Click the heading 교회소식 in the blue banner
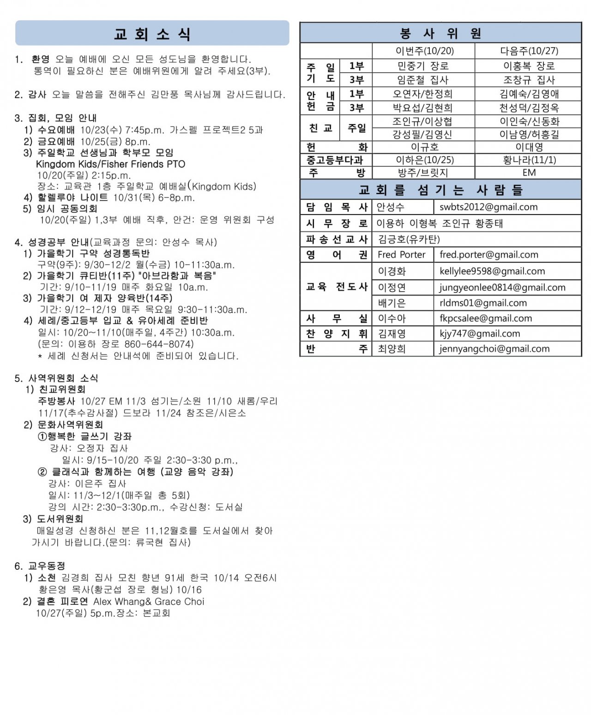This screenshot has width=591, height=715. (x=152, y=34)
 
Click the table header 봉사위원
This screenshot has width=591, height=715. (x=440, y=33)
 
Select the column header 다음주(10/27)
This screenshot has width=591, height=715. (x=529, y=51)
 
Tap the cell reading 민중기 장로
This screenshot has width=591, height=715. (x=423, y=66)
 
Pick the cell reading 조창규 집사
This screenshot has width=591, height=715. (x=529, y=80)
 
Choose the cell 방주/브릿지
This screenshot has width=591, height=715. (x=423, y=173)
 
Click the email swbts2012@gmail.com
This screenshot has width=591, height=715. (x=488, y=207)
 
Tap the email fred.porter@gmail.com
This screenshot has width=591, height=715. (x=488, y=255)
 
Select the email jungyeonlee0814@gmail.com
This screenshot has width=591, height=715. (x=502, y=287)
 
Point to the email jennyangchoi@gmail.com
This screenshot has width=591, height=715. (x=494, y=349)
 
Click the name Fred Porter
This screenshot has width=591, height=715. (x=401, y=255)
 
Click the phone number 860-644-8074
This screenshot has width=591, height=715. (x=159, y=344)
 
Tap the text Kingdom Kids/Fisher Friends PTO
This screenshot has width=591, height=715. (x=110, y=164)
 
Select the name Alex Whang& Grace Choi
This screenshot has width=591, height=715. (x=149, y=602)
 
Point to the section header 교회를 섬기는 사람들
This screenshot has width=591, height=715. (x=440, y=190)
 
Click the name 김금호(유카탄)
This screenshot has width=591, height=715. (x=409, y=239)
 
